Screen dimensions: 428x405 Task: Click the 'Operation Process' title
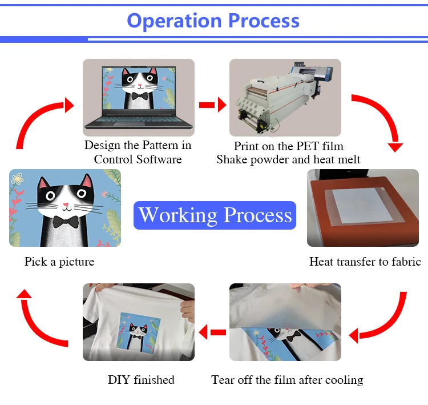click(213, 21)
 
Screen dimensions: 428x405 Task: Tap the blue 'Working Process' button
click(215, 215)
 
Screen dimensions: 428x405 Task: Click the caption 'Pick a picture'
click(59, 262)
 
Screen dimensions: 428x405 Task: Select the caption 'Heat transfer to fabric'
click(365, 262)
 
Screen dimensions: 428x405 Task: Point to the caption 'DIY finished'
click(141, 380)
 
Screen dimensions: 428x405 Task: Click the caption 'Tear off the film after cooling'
click(287, 380)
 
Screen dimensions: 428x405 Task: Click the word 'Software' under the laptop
click(159, 159)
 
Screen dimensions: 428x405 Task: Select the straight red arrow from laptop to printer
click(213, 105)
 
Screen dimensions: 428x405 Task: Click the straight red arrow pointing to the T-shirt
click(212, 332)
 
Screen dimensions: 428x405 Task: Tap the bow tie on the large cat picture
click(66, 222)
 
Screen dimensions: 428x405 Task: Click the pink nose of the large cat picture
click(66, 204)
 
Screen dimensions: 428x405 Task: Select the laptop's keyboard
click(139, 120)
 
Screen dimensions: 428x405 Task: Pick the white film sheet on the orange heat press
click(359, 206)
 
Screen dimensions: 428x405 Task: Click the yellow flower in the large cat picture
click(17, 178)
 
